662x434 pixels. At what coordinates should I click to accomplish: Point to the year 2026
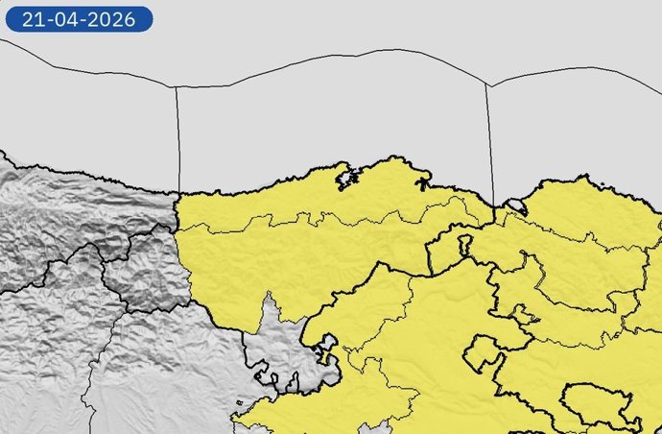point(119,19)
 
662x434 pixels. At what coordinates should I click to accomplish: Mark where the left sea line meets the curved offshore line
point(176,87)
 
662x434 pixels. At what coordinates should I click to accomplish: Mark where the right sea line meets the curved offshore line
point(488,85)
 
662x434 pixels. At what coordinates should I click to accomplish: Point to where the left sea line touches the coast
point(179,191)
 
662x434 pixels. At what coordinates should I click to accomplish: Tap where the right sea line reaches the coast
point(493,205)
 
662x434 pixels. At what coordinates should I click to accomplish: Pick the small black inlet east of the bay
point(421,181)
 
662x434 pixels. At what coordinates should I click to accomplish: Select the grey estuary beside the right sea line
point(515,205)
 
